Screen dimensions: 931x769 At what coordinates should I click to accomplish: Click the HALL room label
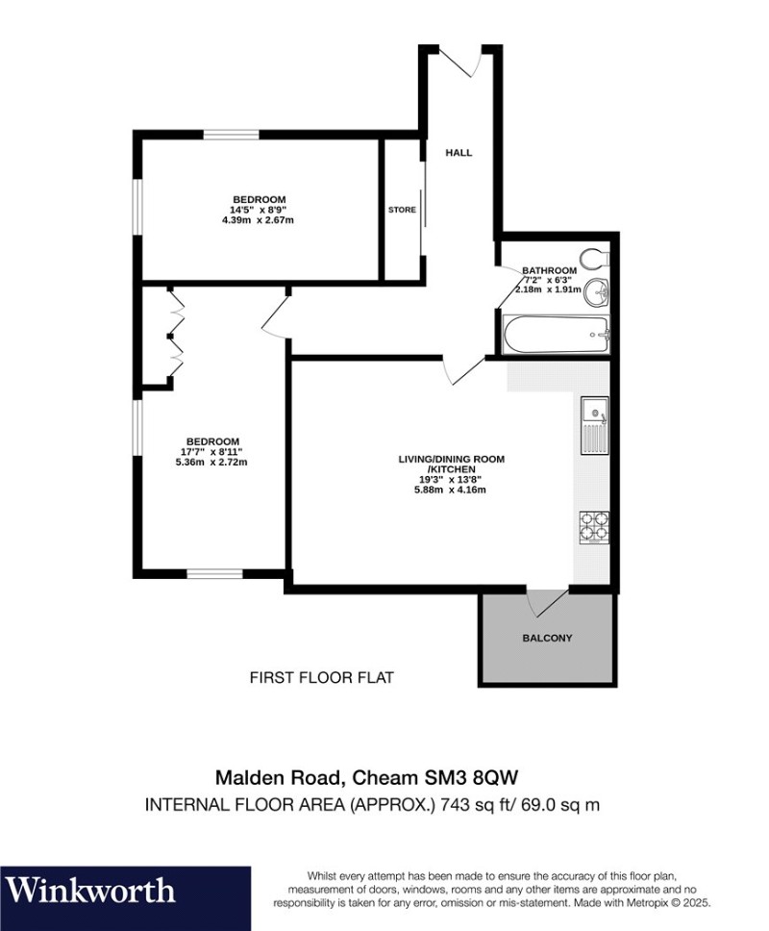pos(459,152)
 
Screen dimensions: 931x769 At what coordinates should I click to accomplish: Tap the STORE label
pos(401,210)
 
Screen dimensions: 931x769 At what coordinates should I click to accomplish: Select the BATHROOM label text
pos(549,270)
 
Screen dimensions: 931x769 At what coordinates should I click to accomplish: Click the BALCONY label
pos(547,638)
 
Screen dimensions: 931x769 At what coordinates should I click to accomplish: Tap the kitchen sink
pos(594,424)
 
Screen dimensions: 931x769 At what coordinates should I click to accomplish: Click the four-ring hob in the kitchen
pos(594,526)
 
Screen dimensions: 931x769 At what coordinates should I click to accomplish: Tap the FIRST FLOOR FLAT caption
pos(321,678)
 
